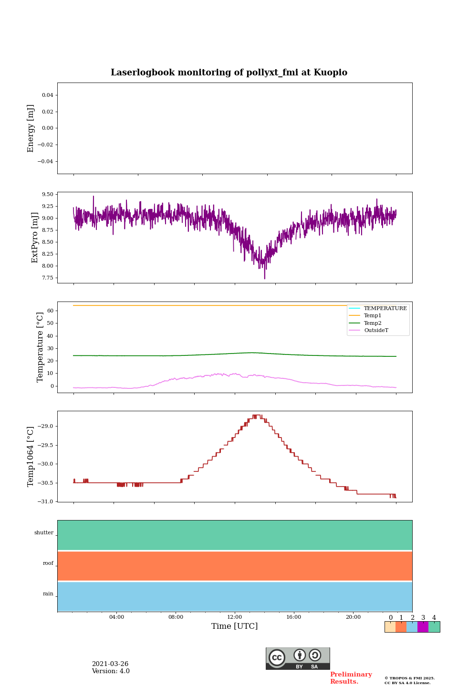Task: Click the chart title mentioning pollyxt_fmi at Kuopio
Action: pyautogui.click(x=229, y=73)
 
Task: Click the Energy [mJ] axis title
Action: pyautogui.click(x=31, y=128)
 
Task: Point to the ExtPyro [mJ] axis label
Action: pyautogui.click(x=35, y=238)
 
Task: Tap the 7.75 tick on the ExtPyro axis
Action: pyautogui.click(x=47, y=278)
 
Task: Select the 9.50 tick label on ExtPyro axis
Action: pyautogui.click(x=47, y=195)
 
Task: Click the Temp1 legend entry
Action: pyautogui.click(x=373, y=316)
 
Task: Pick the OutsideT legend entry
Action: pyautogui.click(x=376, y=331)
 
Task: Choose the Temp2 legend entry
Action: pyautogui.click(x=373, y=323)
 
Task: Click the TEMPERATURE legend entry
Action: pyautogui.click(x=385, y=309)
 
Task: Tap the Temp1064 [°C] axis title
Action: pyautogui.click(x=31, y=457)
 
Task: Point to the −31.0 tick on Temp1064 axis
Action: pyautogui.click(x=45, y=502)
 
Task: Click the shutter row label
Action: pyautogui.click(x=44, y=533)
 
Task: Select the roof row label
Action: pyautogui.click(x=48, y=563)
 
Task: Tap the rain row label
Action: pyautogui.click(x=48, y=594)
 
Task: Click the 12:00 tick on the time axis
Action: pyautogui.click(x=235, y=617)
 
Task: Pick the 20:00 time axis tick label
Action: pyautogui.click(x=353, y=617)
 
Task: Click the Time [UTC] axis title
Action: pyautogui.click(x=235, y=626)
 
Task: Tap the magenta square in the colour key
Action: pyautogui.click(x=423, y=627)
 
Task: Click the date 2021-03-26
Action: pyautogui.click(x=110, y=664)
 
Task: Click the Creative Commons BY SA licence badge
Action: pyautogui.click(x=298, y=658)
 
